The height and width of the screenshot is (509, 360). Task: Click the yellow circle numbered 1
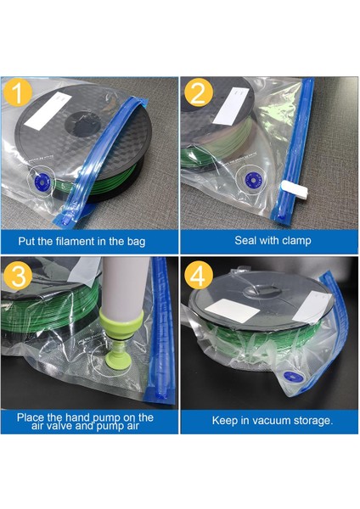click(18, 92)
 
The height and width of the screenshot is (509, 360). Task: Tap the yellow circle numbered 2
click(199, 92)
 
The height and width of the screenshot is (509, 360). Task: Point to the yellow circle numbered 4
click(199, 275)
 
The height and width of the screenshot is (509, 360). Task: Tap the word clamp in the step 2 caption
click(296, 241)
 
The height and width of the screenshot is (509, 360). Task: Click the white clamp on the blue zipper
click(295, 189)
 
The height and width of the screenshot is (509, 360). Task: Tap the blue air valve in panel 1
click(42, 180)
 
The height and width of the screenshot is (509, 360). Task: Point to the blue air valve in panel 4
click(294, 377)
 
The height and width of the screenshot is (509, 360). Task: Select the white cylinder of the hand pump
click(125, 283)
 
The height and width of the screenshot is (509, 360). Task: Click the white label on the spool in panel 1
click(48, 110)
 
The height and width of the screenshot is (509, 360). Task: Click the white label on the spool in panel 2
click(231, 106)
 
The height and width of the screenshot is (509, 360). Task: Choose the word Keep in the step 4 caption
click(225, 421)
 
